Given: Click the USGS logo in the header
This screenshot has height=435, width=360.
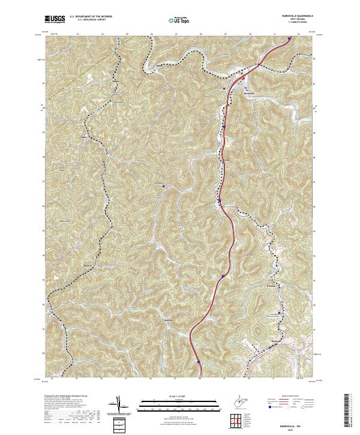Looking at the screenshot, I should [55, 19].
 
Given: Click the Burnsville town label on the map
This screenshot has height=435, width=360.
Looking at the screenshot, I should [249, 92].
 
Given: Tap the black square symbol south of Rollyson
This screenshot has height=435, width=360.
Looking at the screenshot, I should [278, 314].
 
